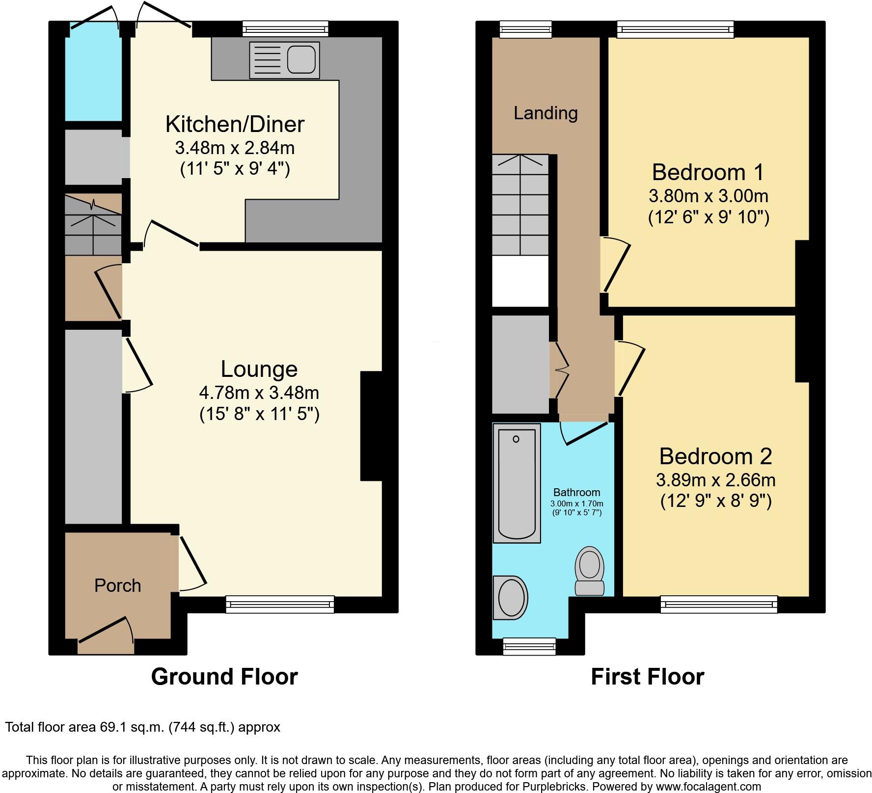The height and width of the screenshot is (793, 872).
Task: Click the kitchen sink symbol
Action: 284,60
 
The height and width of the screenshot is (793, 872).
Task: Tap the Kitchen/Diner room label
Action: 235,124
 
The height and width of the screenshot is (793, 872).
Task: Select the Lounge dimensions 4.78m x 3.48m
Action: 259,393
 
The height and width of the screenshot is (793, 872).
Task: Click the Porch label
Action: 117,585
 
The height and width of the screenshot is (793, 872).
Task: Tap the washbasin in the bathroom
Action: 511,597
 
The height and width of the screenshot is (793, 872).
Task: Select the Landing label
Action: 545,113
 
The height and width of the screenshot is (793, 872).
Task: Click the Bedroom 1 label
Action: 708,172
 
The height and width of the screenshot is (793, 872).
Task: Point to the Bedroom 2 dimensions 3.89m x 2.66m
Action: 716,479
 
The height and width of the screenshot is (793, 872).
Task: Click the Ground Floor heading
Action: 224,677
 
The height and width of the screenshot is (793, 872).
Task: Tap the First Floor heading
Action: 647,677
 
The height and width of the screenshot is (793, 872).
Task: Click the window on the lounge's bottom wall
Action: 280,604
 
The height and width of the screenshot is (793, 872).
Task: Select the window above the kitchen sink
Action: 286,29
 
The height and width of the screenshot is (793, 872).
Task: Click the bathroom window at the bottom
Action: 529,646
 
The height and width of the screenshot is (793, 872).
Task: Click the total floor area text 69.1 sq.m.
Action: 142,727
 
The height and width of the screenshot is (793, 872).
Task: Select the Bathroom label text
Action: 576,492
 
